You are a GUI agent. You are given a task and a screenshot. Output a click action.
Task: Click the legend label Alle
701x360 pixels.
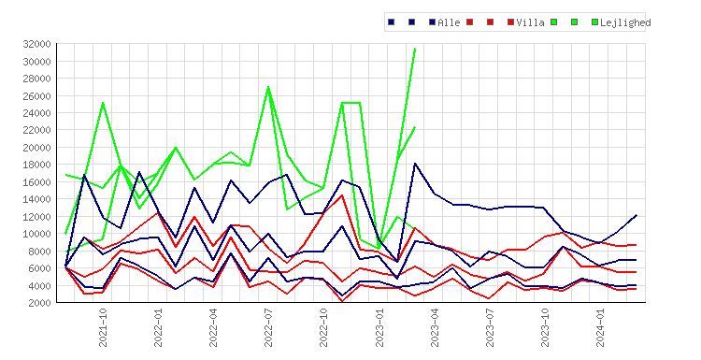point(449,22)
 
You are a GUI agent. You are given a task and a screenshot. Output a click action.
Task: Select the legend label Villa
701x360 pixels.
point(530,22)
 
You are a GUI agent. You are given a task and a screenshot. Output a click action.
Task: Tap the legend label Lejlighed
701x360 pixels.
point(625,22)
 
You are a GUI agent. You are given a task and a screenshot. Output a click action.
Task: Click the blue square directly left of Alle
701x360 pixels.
point(433,22)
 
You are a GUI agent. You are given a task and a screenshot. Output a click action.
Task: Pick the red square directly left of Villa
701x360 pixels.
point(511,22)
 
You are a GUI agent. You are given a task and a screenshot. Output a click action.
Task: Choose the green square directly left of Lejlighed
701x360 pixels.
point(594,22)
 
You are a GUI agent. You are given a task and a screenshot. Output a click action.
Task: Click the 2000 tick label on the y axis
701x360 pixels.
point(39,303)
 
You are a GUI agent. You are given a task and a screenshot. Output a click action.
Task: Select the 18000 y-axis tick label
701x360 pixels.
point(36,165)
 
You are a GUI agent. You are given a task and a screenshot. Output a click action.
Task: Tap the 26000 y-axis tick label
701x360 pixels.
point(36,95)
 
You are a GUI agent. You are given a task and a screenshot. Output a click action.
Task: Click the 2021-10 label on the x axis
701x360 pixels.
point(103,327)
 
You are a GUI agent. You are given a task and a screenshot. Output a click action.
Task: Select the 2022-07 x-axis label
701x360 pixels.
point(268,327)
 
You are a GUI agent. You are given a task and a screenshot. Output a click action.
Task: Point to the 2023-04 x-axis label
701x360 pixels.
point(434,327)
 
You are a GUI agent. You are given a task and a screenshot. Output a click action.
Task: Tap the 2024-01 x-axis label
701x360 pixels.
point(600,327)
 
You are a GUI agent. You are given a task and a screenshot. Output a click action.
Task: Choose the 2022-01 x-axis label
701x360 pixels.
point(158,327)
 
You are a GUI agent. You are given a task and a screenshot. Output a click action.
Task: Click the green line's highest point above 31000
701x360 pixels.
point(415,49)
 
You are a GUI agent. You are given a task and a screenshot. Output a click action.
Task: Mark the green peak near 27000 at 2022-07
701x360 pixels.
point(268,87)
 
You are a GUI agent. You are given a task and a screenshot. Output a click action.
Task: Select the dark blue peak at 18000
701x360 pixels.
point(415,164)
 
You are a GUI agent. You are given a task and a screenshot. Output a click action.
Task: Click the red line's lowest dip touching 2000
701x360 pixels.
point(342,302)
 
